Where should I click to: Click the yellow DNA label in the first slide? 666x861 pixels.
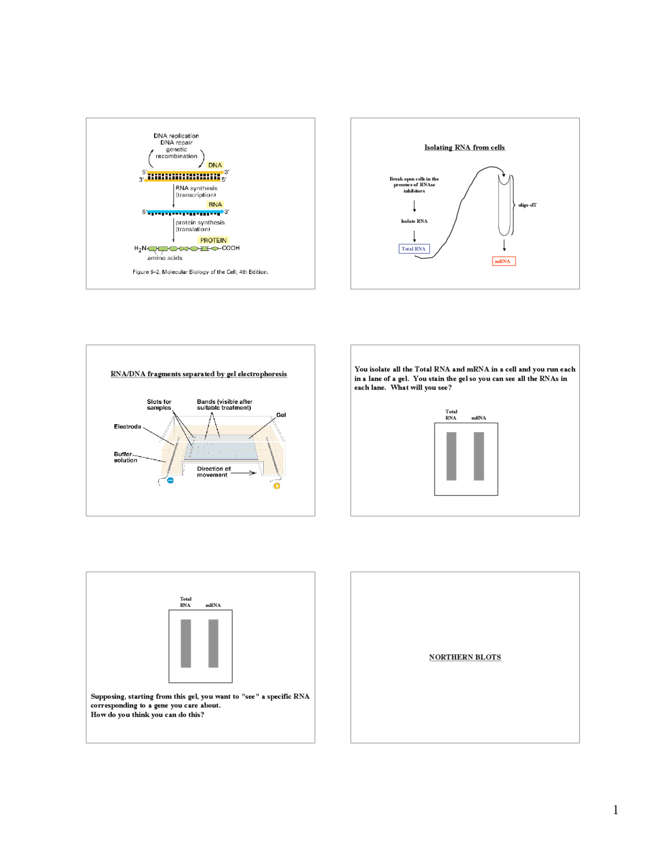click(x=215, y=165)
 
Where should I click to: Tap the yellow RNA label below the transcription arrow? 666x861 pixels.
click(x=215, y=205)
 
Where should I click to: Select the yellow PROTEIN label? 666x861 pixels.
click(x=213, y=240)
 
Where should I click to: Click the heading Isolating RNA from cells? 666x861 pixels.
click(x=464, y=148)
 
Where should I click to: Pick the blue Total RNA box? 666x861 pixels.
click(x=414, y=249)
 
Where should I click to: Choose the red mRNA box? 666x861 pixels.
click(x=503, y=261)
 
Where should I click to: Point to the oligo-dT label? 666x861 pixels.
click(x=527, y=205)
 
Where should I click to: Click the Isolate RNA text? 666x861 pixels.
click(x=414, y=221)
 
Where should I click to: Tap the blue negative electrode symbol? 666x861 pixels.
click(x=170, y=480)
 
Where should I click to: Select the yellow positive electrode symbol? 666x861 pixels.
click(x=277, y=486)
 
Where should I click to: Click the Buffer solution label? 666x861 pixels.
click(x=125, y=457)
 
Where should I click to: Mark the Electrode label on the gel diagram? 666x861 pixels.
click(x=127, y=426)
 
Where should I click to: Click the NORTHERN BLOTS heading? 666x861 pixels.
click(x=465, y=657)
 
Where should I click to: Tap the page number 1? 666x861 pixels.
click(x=616, y=810)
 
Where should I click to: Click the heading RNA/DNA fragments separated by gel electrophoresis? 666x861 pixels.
click(x=198, y=374)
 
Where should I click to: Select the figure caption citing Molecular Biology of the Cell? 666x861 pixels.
click(x=200, y=272)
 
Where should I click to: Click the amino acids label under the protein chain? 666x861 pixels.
click(x=164, y=258)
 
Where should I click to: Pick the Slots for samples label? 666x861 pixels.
click(x=159, y=405)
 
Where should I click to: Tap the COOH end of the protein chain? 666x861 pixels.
click(x=230, y=248)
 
